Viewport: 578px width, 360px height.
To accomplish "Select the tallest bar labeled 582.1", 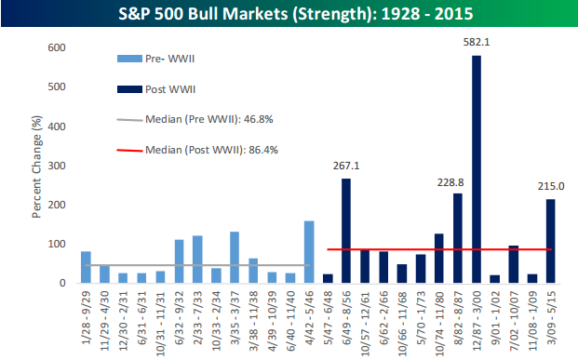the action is pyautogui.click(x=477, y=169).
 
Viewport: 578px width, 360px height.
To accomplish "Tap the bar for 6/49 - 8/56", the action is pyautogui.click(x=346, y=231).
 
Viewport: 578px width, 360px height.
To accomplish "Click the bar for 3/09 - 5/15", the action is pyautogui.click(x=550, y=241).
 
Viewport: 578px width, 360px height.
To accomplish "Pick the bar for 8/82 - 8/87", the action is pyautogui.click(x=457, y=238).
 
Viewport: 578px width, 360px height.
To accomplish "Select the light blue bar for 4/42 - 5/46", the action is pyautogui.click(x=309, y=252).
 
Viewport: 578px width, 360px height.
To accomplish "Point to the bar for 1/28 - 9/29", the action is pyautogui.click(x=86, y=267).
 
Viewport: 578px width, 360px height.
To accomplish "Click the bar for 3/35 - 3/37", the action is pyautogui.click(x=235, y=258).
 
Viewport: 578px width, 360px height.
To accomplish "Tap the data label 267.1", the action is pyautogui.click(x=346, y=166).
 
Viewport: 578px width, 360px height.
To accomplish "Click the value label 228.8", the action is pyautogui.click(x=450, y=182).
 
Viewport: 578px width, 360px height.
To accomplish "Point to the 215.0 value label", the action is pyautogui.click(x=551, y=186).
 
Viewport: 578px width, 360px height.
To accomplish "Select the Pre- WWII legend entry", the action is pyautogui.click(x=156, y=59).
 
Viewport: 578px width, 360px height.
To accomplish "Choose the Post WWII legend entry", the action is pyautogui.click(x=156, y=89).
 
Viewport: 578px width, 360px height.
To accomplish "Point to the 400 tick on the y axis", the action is pyautogui.click(x=57, y=127).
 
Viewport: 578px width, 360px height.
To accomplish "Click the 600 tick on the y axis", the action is pyautogui.click(x=57, y=47).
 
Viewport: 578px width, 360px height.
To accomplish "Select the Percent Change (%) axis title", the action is pyautogui.click(x=36, y=167).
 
